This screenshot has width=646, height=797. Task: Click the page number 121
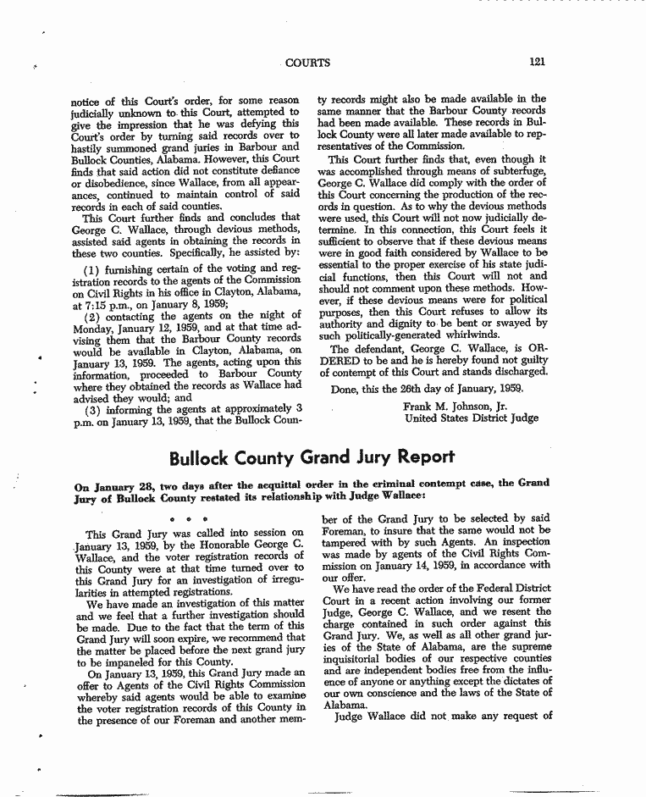pyautogui.click(x=537, y=62)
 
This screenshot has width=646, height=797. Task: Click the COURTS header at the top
pyautogui.click(x=309, y=62)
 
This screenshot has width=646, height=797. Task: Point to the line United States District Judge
pyautogui.click(x=471, y=418)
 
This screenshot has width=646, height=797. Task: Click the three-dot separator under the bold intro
pyautogui.click(x=184, y=517)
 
